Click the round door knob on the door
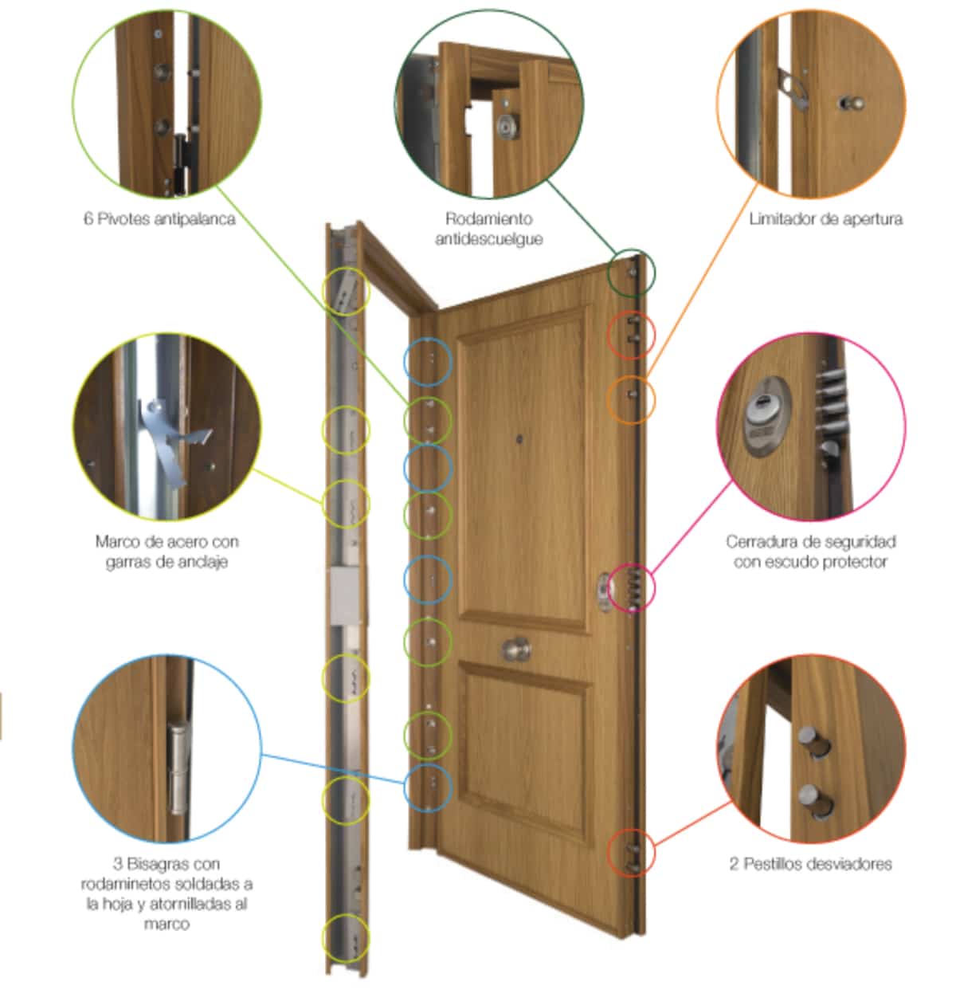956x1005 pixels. pyautogui.click(x=516, y=650)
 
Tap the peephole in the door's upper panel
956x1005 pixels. pyautogui.click(x=519, y=439)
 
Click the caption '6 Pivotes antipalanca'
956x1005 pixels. pyautogui.click(x=159, y=219)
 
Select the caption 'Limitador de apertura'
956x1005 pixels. pyautogui.click(x=825, y=219)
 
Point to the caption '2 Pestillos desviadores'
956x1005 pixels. pyautogui.click(x=810, y=865)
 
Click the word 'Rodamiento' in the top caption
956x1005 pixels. pyautogui.click(x=489, y=219)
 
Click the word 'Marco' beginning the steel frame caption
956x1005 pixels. pyautogui.click(x=116, y=541)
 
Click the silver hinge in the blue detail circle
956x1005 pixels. pyautogui.click(x=178, y=767)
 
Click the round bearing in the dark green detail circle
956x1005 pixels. pyautogui.click(x=508, y=126)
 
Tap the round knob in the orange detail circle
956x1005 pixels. pyautogui.click(x=852, y=104)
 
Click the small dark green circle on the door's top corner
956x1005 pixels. pyautogui.click(x=631, y=273)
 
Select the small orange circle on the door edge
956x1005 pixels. pyautogui.click(x=631, y=400)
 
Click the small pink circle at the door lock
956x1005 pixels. pyautogui.click(x=631, y=588)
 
